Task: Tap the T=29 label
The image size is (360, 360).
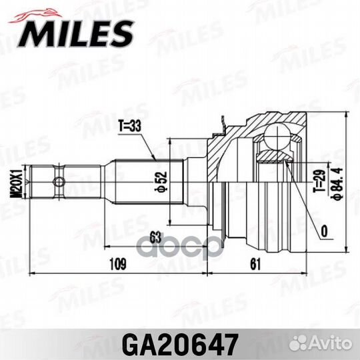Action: point(319,181)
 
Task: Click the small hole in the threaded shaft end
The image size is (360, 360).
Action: point(59,182)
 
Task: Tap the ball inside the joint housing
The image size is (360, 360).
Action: point(274,140)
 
